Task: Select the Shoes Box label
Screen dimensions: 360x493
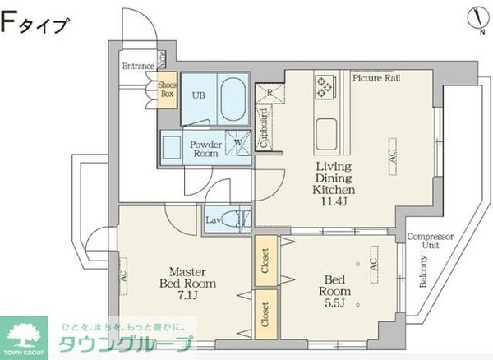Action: (x=168, y=89)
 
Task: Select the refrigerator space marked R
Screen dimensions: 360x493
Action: (x=268, y=94)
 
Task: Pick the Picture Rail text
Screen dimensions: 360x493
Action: (x=376, y=78)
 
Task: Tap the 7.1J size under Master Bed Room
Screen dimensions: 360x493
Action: (x=182, y=296)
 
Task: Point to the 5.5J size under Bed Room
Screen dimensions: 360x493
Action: (x=335, y=303)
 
